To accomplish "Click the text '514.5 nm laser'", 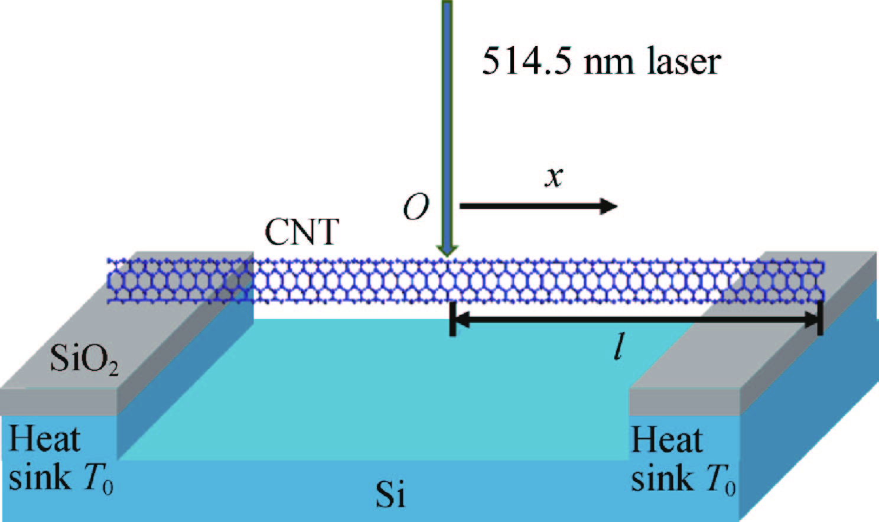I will click(601, 61).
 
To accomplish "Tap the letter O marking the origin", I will click(416, 207).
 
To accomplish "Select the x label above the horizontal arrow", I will click(554, 176).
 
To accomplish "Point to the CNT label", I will click(302, 232).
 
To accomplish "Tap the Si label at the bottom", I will click(390, 494).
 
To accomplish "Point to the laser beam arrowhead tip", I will click(447, 255).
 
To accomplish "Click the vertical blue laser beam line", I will click(447, 118).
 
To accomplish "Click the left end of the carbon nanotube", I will click(110, 281).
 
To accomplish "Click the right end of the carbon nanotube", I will click(822, 281).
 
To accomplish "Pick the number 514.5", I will click(526, 61).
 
